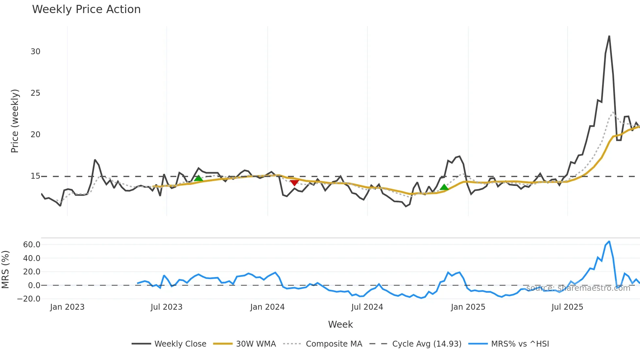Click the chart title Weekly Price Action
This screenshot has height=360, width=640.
(86, 9)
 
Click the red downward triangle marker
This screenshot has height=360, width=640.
(294, 183)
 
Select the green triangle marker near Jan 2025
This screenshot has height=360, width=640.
(444, 187)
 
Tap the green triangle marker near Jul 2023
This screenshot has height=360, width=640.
(198, 178)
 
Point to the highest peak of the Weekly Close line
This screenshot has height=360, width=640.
(609, 36)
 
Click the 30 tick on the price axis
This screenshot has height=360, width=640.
(35, 52)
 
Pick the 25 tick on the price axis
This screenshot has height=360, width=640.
(35, 93)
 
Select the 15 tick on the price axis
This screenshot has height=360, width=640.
(35, 176)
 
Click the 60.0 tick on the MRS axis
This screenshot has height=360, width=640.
(32, 245)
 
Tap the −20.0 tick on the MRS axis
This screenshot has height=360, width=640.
(29, 299)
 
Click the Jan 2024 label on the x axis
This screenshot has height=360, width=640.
(267, 307)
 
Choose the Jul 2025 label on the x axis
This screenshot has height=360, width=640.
(567, 307)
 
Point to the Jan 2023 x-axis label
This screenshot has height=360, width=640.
(67, 307)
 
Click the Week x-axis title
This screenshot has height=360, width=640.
(340, 324)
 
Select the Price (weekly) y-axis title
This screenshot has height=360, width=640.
(15, 121)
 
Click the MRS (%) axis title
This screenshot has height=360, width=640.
(5, 270)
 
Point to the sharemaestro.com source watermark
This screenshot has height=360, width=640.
(578, 288)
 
